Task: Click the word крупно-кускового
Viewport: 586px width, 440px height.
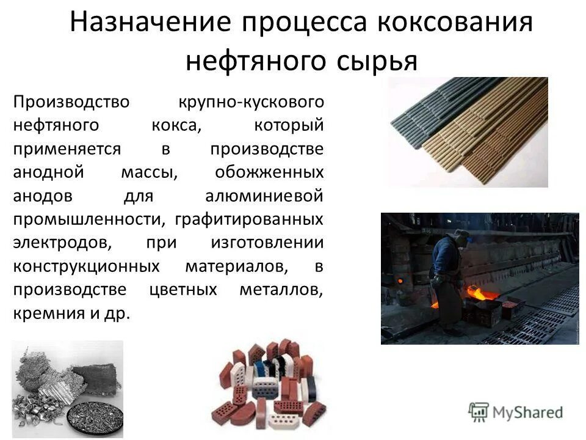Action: tap(251, 101)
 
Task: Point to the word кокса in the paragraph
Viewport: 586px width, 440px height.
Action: tap(176, 125)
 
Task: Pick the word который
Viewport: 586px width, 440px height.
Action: tap(288, 125)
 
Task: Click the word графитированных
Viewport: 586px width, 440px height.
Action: tap(249, 219)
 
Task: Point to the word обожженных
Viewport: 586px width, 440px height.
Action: tap(269, 172)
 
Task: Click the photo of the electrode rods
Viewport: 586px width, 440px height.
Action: tap(468, 131)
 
